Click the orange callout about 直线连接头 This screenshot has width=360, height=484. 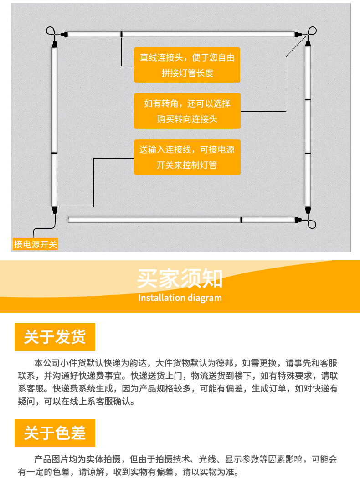tap(187, 65)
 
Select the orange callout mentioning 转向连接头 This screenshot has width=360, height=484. tap(187, 111)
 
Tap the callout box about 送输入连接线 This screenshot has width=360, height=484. tap(187, 157)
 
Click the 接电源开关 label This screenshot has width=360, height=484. tap(36, 244)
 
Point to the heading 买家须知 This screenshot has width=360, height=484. tap(180, 278)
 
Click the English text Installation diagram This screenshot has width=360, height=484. tap(180, 298)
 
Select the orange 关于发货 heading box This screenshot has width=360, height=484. tap(55, 337)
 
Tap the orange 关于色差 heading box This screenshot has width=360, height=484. tap(55, 433)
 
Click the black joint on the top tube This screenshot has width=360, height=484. tap(122, 34)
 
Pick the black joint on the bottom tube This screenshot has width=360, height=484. tap(241, 220)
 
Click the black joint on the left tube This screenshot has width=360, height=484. tap(54, 154)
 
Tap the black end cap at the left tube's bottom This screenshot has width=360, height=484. tap(55, 210)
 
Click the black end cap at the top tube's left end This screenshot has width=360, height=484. tap(64, 34)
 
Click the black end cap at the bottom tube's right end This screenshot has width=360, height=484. tap(299, 220)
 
